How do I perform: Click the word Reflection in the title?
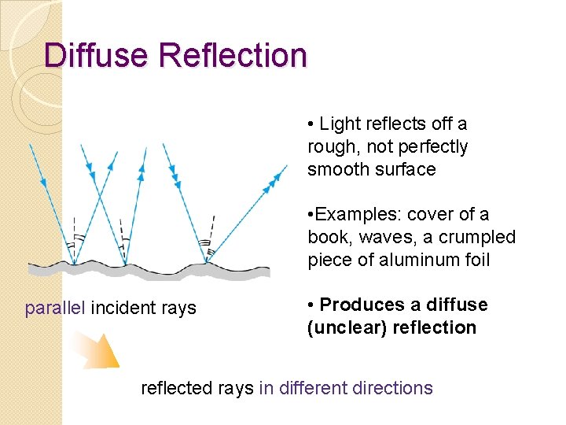pos(233,56)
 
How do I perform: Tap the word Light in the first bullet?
pos(340,124)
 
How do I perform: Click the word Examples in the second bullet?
pos(352,215)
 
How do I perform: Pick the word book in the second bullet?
pos(326,238)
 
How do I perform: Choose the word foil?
pos(474,261)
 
